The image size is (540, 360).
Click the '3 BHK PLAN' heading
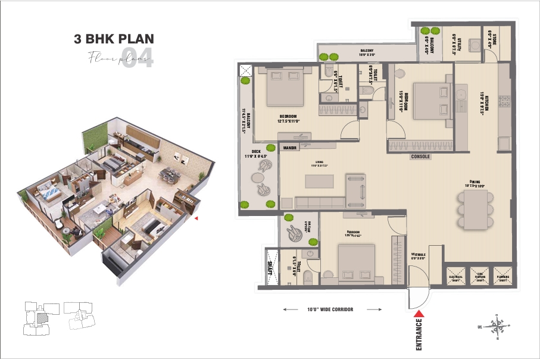(114, 40)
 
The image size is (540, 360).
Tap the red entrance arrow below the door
(419, 314)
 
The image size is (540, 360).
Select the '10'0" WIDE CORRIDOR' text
(332, 310)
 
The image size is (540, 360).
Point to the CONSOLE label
(421, 157)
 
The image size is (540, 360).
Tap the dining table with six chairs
(476, 208)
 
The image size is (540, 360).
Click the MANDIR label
(290, 147)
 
